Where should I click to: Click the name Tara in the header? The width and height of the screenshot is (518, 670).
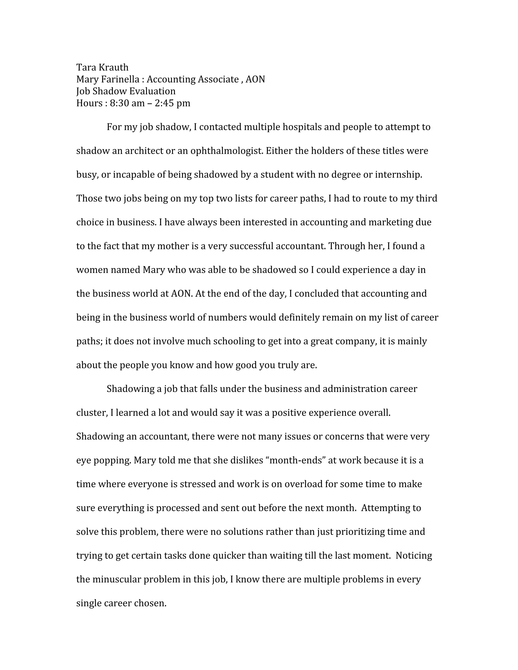tap(86, 67)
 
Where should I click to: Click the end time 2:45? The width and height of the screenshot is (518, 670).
tap(164, 103)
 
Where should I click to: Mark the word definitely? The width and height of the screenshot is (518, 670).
tap(299, 317)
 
